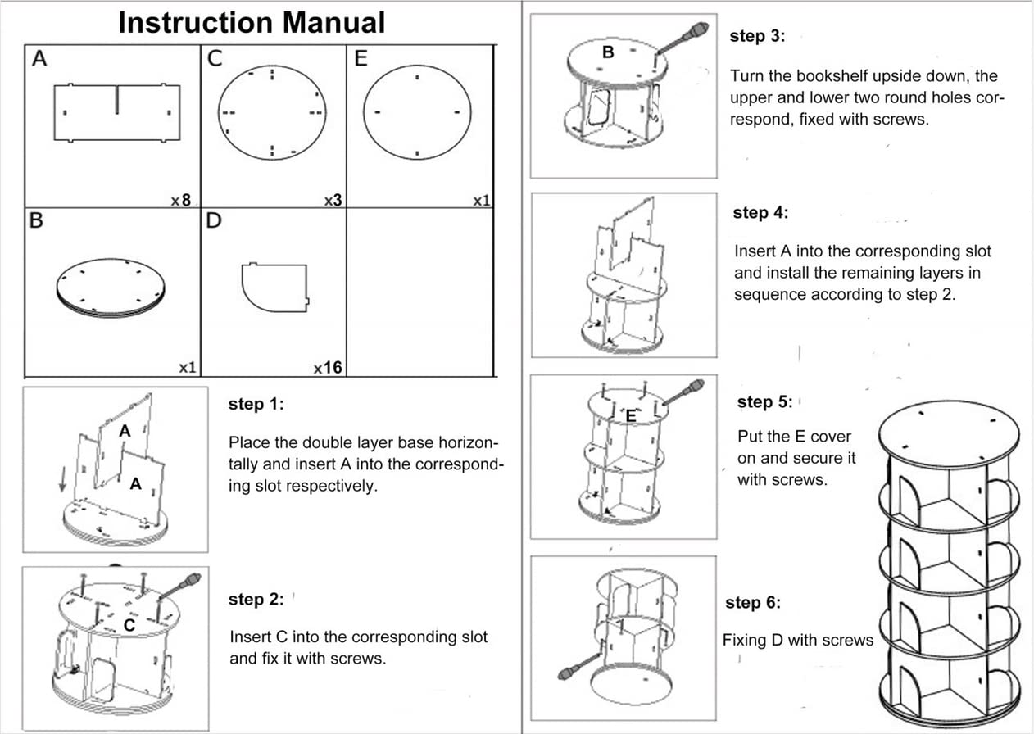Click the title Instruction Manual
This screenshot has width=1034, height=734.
point(252,23)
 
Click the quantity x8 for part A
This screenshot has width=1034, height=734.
point(180,199)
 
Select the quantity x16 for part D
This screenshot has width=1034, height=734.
point(328,368)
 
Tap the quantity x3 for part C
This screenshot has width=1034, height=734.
point(332,199)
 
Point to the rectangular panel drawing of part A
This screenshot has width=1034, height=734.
point(116,111)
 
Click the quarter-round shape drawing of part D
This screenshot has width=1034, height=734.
point(274,287)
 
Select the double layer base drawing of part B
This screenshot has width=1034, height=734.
point(111,287)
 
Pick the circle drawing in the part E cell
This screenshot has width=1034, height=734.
point(417,112)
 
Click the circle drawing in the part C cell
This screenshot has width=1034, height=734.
point(273,112)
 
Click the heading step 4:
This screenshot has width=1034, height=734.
point(761,213)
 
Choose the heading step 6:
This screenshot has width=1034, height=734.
point(753,603)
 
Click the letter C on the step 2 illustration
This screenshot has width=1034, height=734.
point(129,625)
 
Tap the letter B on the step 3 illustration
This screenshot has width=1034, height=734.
point(608,52)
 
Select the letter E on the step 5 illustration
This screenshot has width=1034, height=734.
point(631,416)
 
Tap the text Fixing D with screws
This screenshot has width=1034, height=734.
point(798,640)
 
